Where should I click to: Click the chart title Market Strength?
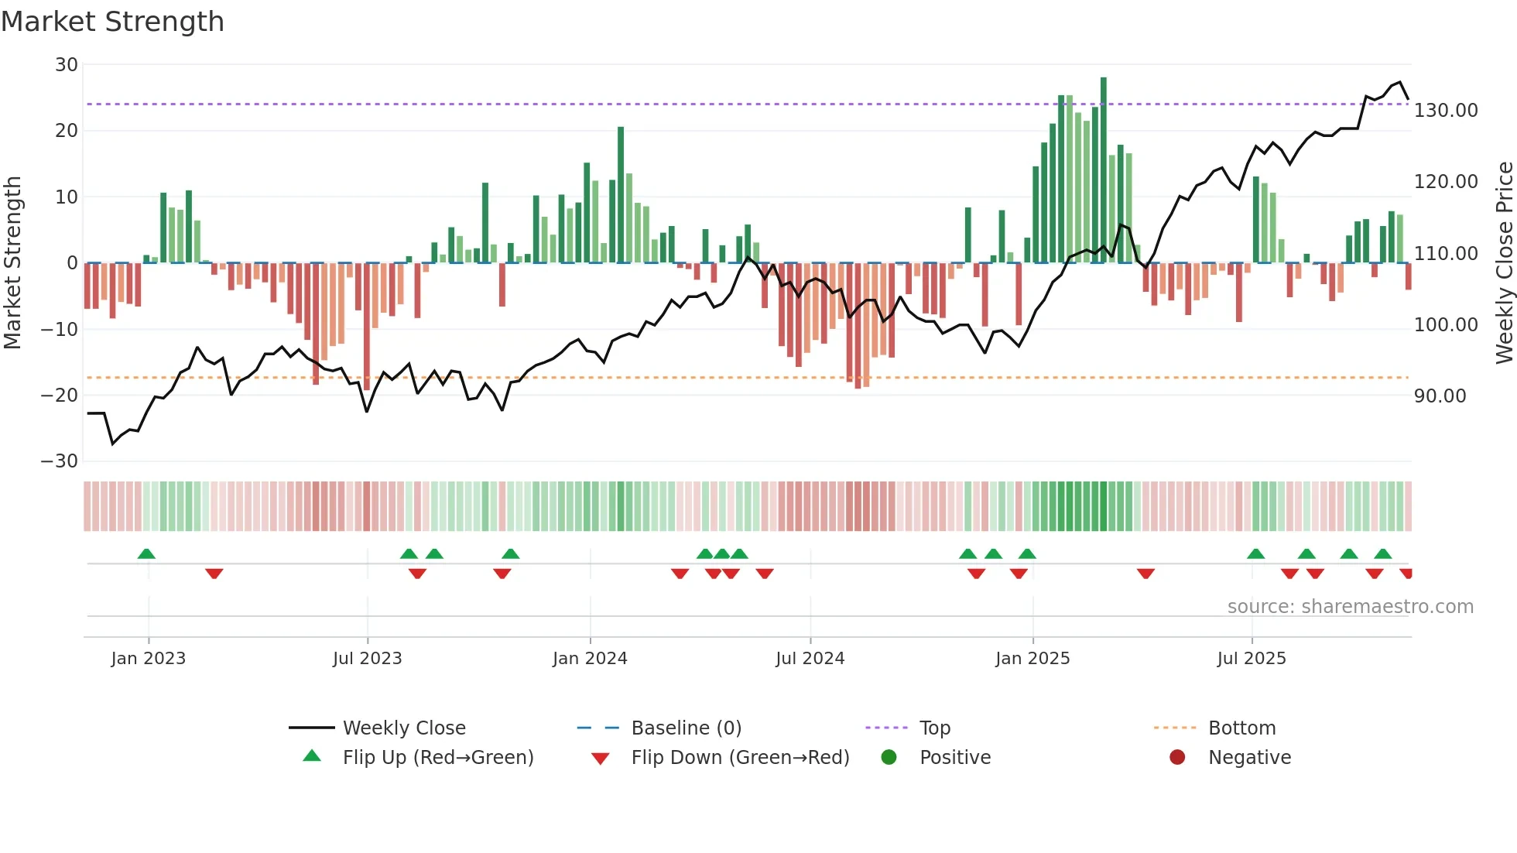pos(112,22)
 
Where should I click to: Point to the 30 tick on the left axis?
pos(67,65)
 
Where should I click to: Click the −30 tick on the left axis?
pos(60,461)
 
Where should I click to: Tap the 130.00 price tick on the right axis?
pos(1445,111)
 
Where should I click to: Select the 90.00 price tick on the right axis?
pos(1440,396)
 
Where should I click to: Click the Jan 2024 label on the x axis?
pos(590,659)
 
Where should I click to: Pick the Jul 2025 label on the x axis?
pos(1251,659)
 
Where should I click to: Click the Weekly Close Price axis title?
pos(1504,263)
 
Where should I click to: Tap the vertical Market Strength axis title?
pos(13,263)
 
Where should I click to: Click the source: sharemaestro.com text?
pos(1350,607)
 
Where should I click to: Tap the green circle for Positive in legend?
pos(889,758)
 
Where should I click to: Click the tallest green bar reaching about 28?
pos(1103,170)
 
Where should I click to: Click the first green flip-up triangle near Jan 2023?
pos(146,553)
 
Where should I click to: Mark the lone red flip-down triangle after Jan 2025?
pos(1145,574)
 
